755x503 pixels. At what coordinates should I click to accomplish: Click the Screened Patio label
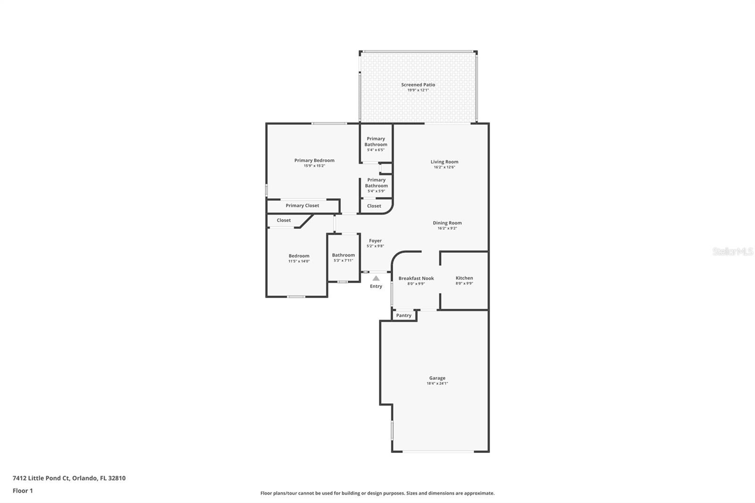(x=418, y=85)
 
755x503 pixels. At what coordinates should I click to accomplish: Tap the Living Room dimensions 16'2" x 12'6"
(x=444, y=167)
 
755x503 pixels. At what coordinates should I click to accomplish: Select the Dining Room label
(x=447, y=223)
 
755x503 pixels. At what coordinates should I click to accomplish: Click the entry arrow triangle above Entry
(x=376, y=278)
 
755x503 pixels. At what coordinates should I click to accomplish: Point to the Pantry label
(x=403, y=315)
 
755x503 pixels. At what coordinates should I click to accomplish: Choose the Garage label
(x=437, y=378)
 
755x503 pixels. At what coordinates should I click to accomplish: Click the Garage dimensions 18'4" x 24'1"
(x=437, y=384)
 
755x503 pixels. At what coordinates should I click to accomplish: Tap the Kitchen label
(x=464, y=278)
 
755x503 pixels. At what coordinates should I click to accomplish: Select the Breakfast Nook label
(x=416, y=278)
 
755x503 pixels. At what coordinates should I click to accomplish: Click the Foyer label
(x=375, y=241)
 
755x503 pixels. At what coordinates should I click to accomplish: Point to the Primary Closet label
(x=302, y=205)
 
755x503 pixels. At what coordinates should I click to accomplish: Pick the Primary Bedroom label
(x=314, y=160)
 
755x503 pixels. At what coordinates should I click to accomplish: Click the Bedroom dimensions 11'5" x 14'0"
(x=299, y=261)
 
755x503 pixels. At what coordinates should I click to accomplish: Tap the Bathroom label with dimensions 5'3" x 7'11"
(x=343, y=255)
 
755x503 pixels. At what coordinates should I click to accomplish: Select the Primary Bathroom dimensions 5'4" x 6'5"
(x=376, y=150)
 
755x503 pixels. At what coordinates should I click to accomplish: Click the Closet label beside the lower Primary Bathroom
(x=374, y=206)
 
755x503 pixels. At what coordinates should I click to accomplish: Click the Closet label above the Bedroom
(x=284, y=220)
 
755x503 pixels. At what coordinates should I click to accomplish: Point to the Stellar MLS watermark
(x=732, y=252)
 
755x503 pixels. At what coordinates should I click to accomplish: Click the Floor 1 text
(x=23, y=491)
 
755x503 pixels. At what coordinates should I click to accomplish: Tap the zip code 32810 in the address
(x=117, y=478)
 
